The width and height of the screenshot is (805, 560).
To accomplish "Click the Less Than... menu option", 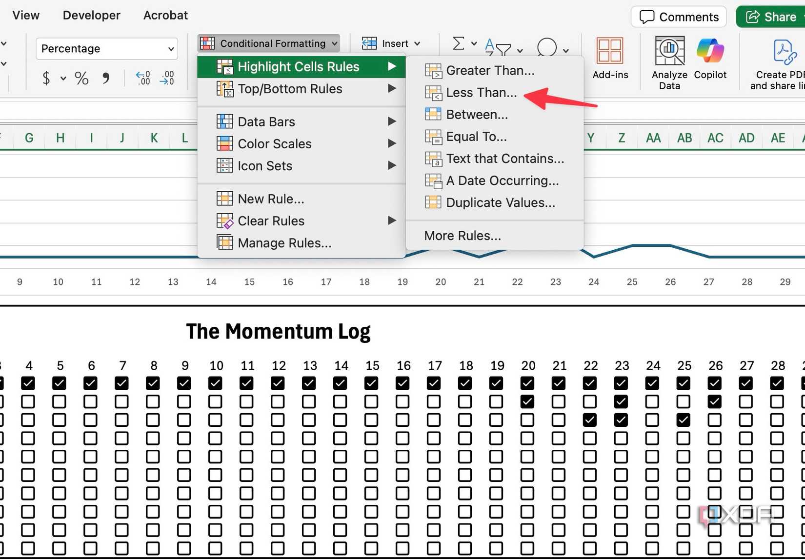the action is (471, 93).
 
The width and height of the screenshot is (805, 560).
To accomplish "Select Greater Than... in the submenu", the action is (480, 70).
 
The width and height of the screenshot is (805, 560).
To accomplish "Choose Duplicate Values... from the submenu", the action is (490, 203).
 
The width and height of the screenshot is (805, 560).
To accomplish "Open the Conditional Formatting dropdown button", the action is (268, 43).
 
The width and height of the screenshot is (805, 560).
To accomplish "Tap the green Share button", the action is (770, 17).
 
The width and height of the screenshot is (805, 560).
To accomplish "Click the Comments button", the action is (679, 17).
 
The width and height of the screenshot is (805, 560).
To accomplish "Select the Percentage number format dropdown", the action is (107, 48).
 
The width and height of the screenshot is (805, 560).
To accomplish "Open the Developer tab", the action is (91, 15).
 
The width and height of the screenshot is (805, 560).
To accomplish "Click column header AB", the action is (684, 138).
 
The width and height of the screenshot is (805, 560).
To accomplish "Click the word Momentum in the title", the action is (279, 331).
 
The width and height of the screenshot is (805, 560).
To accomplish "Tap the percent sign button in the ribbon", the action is (81, 78).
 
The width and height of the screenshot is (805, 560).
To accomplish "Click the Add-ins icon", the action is (610, 51).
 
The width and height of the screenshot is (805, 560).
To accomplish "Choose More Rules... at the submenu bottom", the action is (463, 236).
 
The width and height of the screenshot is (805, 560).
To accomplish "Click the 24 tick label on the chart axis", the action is (594, 282).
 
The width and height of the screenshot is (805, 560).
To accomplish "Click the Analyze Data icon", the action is (669, 51).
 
